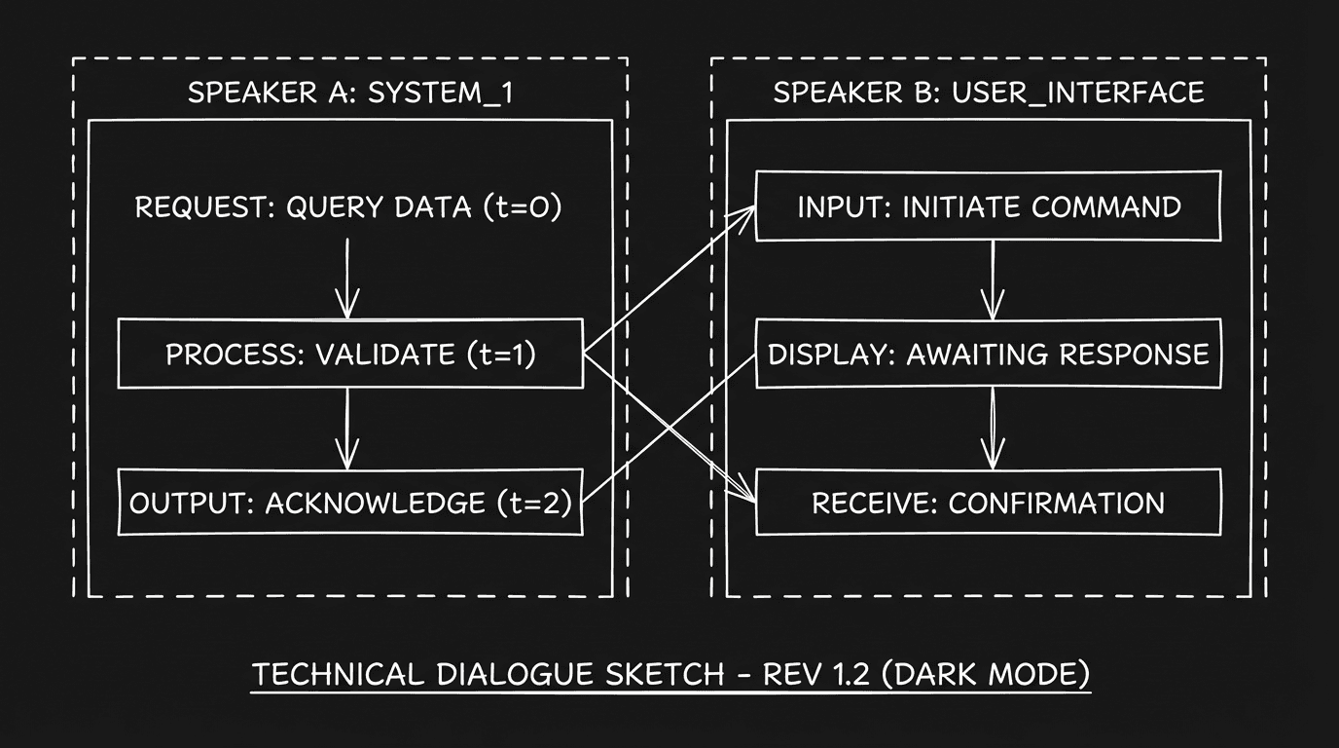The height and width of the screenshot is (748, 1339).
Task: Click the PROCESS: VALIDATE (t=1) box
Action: pos(350,354)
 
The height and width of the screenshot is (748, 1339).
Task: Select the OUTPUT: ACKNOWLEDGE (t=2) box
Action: pos(350,503)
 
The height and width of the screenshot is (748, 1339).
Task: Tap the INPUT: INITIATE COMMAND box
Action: pos(988,206)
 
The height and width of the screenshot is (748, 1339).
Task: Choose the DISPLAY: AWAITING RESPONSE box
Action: pos(988,354)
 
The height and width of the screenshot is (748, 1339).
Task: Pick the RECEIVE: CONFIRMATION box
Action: pos(988,503)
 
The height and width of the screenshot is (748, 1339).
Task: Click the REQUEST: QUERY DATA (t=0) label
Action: pos(347,207)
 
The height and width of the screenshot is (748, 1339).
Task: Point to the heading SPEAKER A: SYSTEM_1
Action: pos(349,93)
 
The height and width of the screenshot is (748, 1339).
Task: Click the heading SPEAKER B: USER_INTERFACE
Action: pos(988,93)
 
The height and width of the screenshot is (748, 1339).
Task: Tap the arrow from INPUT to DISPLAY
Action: pos(992,280)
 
